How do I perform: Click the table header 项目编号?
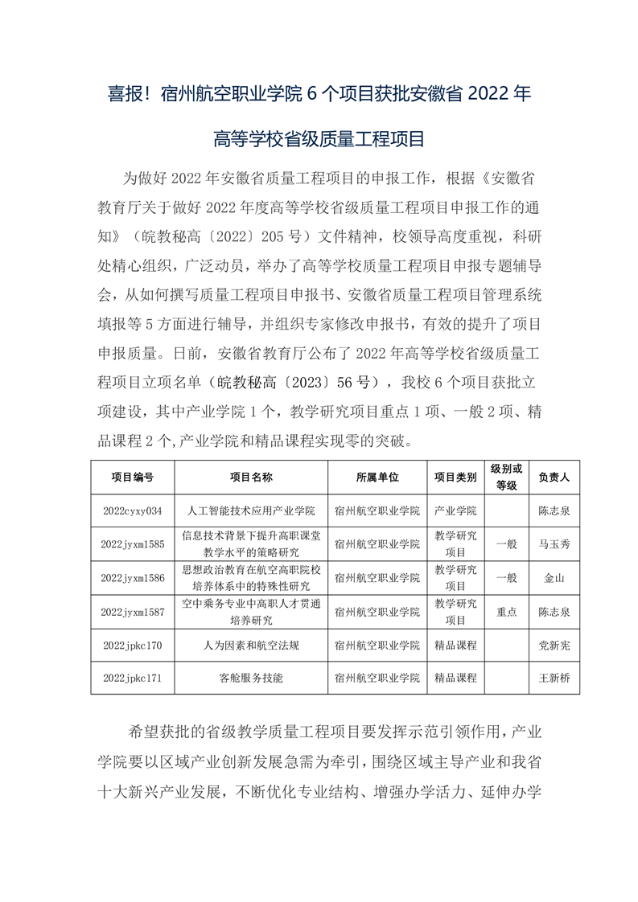pos(133,477)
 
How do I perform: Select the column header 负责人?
pos(554,477)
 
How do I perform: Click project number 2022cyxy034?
pos(133,510)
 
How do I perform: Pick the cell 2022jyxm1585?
pos(133,544)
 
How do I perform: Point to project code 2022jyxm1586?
pos(133,578)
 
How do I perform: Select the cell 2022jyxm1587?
pos(133,612)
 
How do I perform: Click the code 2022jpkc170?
pos(133,645)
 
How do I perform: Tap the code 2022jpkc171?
pos(133,678)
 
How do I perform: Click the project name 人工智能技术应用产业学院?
pos(251,510)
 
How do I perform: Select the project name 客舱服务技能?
pos(251,678)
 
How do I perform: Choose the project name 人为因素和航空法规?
pos(251,645)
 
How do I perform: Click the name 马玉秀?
pos(554,544)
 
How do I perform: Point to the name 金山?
pos(554,578)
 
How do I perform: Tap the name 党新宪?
pos(554,645)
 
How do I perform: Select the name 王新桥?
pos(554,678)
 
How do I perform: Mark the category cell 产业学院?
pos(455,510)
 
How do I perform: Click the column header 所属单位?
pos(377,477)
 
